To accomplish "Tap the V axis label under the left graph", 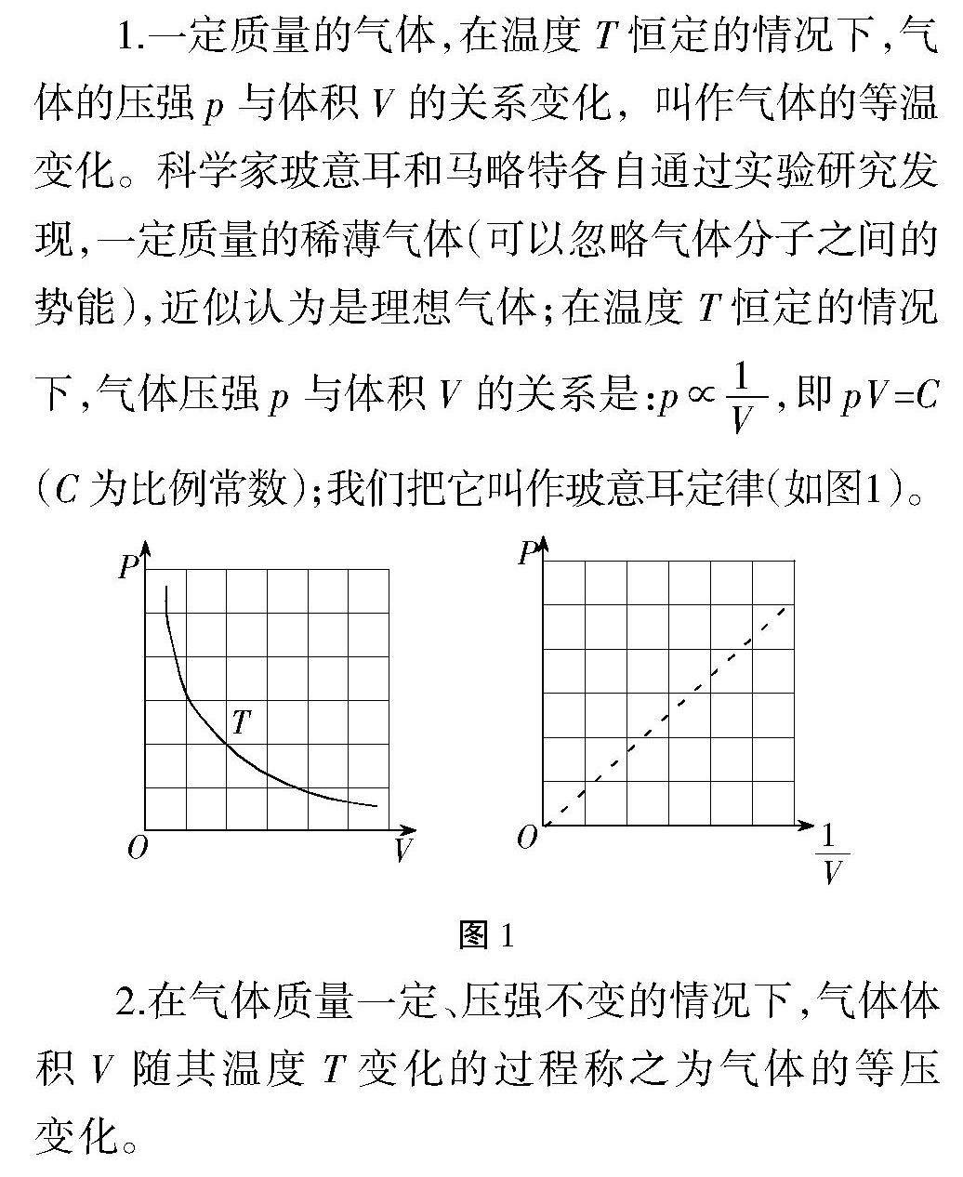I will pos(402,849).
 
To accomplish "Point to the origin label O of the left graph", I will pos(138,848).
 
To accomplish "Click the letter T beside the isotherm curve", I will pos(242,721).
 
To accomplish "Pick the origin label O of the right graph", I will pos(527,838).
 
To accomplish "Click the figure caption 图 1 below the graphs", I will pos(485,935).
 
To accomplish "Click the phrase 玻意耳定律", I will pos(654,488).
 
